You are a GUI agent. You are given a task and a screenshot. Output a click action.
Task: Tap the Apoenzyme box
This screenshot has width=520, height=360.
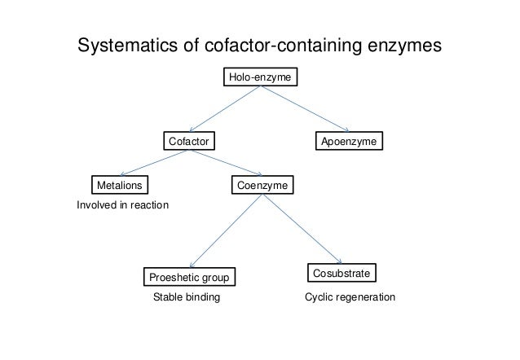(x=350, y=142)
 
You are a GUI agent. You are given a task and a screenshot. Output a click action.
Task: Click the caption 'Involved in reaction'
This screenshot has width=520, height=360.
(x=122, y=205)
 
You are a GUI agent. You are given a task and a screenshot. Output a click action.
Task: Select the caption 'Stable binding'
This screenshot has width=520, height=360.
(x=187, y=299)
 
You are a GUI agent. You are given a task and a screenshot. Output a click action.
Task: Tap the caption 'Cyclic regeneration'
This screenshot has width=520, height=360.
(x=350, y=299)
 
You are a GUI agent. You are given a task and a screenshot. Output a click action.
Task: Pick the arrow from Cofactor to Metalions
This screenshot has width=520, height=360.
(x=155, y=163)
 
